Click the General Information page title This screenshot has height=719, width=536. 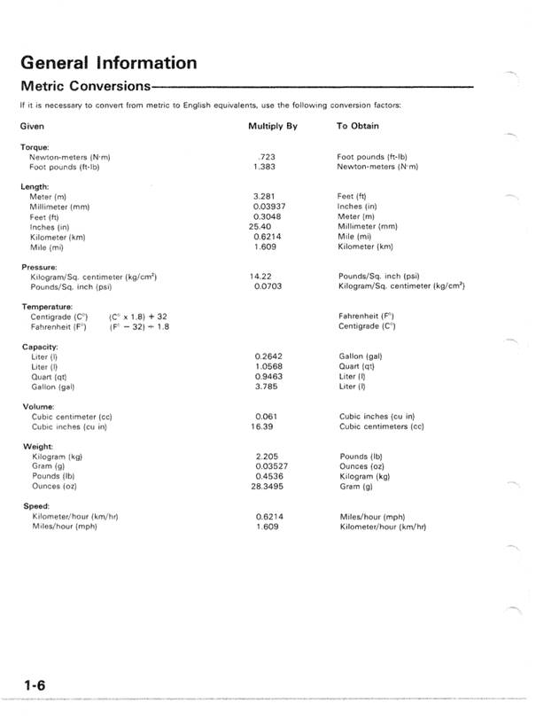pyautogui.click(x=108, y=63)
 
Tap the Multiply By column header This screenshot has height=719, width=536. pyautogui.click(x=273, y=127)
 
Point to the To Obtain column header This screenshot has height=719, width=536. pyautogui.click(x=358, y=127)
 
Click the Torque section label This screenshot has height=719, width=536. pyautogui.click(x=35, y=146)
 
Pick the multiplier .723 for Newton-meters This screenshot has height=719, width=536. pyautogui.click(x=263, y=157)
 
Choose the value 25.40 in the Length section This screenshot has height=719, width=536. pyautogui.click(x=263, y=226)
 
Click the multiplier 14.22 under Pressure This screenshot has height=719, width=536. pyautogui.click(x=263, y=277)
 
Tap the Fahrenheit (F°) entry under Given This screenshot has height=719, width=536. pyautogui.click(x=58, y=326)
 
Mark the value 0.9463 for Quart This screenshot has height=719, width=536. pyautogui.click(x=268, y=376)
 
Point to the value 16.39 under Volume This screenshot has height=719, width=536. pyautogui.click(x=263, y=426)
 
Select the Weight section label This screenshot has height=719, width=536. pyautogui.click(x=37, y=446)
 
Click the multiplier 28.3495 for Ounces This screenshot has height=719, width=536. pyautogui.click(x=268, y=486)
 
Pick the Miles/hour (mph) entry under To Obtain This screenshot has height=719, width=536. pyautogui.click(x=372, y=516)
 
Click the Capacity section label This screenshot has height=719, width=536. pyautogui.click(x=40, y=346)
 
